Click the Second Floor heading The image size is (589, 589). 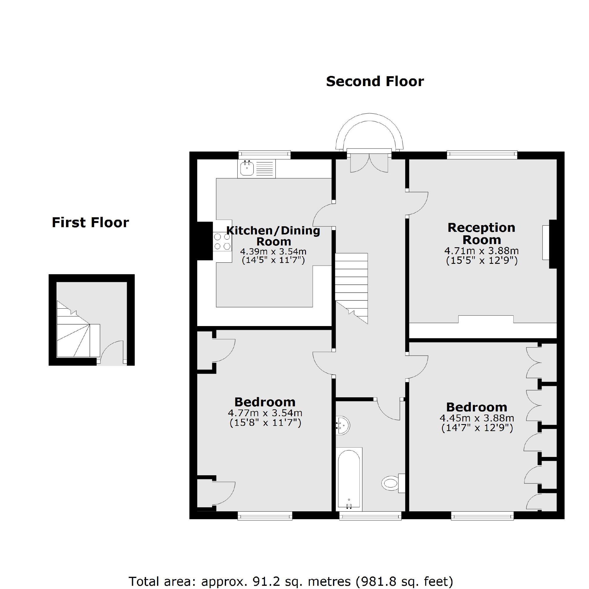click(375, 81)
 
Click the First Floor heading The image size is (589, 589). click(90, 223)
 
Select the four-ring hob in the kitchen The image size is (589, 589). click(222, 241)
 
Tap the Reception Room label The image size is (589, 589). click(481, 234)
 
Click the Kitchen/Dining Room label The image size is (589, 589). click(273, 236)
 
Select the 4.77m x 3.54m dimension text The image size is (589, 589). click(265, 413)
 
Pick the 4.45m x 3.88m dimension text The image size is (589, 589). click(477, 418)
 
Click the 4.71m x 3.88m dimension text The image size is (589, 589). click(481, 251)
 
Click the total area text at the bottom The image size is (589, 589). click(291, 581)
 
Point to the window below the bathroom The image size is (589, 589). click(370, 515)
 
